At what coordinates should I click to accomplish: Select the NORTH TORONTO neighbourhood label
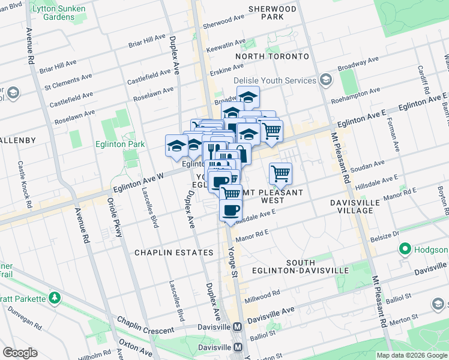coord(272,56)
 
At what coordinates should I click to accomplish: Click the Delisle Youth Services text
coord(274,80)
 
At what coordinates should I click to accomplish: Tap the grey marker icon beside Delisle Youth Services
coord(326,80)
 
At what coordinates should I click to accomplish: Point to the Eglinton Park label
coord(120,144)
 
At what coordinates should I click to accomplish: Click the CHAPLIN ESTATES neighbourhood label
coord(174,253)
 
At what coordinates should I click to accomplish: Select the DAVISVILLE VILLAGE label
coord(355,206)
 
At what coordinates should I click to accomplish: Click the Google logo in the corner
coord(19,353)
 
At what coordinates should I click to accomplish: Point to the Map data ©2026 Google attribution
coord(412,355)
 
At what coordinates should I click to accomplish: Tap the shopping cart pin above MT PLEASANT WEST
coord(280,174)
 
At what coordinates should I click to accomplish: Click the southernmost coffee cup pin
coord(231,211)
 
